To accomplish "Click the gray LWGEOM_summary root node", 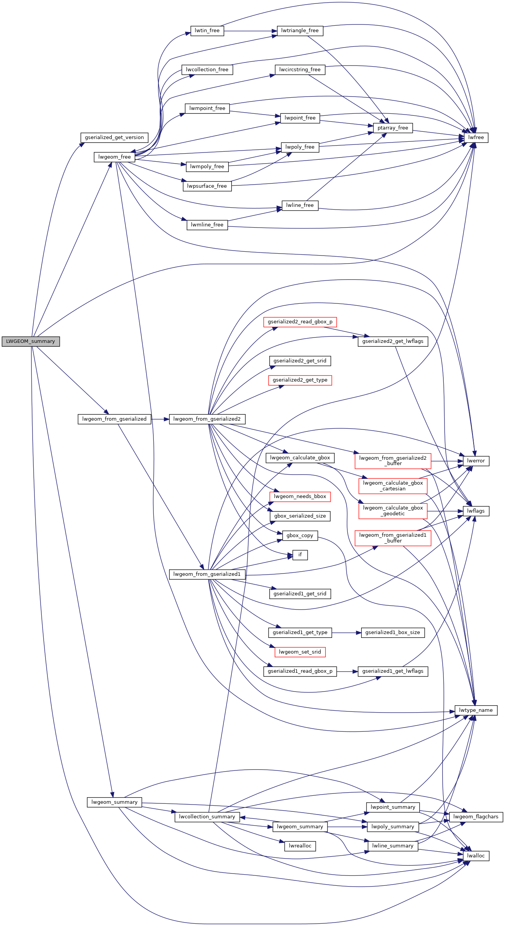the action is tap(31, 341).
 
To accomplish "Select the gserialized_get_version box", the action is tap(114, 138).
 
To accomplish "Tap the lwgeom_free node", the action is tap(114, 157).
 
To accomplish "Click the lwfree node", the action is tap(476, 138).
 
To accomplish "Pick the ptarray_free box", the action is tap(393, 128).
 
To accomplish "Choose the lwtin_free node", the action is tap(207, 31).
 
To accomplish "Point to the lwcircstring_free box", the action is tap(300, 70).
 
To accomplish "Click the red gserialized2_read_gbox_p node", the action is tap(300, 322).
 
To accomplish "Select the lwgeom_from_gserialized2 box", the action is tap(207, 419).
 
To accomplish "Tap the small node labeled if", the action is tap(300, 555).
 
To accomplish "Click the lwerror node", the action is tap(476, 461).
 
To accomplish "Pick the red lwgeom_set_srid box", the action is tap(300, 652).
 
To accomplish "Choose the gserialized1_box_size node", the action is tap(393, 633).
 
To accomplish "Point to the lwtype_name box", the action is tap(476, 710).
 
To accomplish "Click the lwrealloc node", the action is tap(300, 846).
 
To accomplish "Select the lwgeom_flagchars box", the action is tap(476, 816).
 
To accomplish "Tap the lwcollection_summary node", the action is tap(207, 816).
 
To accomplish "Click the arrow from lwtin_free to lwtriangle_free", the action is tap(250, 31).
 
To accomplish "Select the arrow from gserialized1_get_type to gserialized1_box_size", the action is tap(346, 633).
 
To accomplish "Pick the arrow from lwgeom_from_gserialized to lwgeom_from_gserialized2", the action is tap(160, 419).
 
